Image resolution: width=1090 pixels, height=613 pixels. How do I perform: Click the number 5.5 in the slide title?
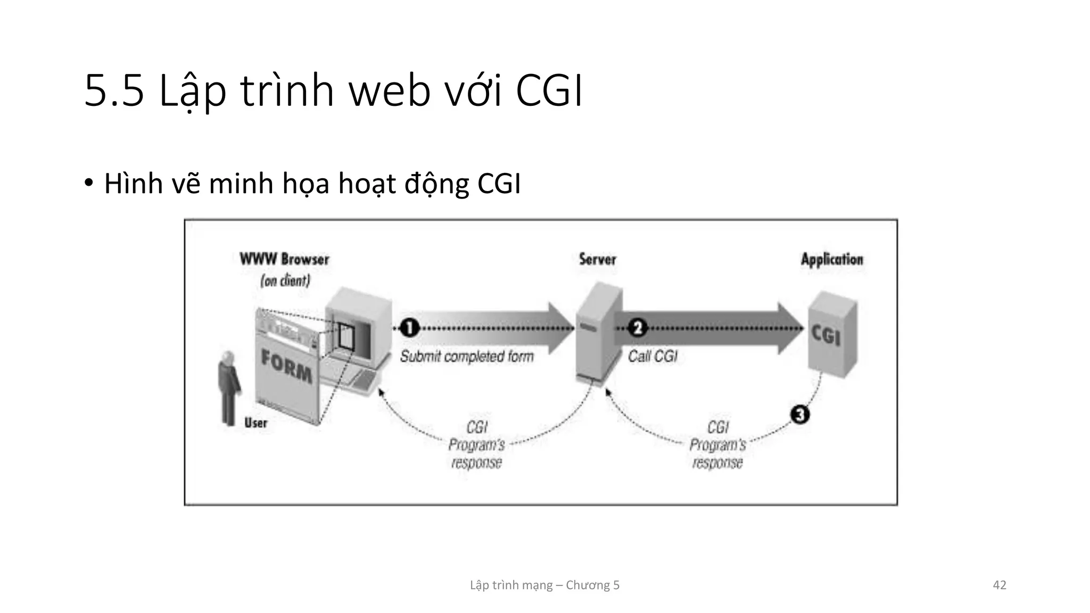point(114,92)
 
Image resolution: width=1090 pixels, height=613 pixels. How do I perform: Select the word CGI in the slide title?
point(549,92)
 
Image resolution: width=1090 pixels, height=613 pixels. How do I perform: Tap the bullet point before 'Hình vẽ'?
point(88,183)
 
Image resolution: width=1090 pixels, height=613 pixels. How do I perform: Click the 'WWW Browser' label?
point(284,260)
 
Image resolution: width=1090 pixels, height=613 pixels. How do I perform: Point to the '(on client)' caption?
point(285,280)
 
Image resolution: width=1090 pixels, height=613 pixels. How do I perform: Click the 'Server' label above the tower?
point(597,260)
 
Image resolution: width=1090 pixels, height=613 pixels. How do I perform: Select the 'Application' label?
point(832,260)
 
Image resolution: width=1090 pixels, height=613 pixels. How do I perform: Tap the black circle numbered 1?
point(409,327)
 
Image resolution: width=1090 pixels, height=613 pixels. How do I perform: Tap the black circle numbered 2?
point(637,327)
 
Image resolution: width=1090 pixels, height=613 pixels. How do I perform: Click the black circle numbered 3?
point(799,414)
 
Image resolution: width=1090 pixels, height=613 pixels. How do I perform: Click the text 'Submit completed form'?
point(467,356)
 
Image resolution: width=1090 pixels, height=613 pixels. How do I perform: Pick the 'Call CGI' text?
point(653,356)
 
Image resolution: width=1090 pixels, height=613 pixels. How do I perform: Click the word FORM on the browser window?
point(286,367)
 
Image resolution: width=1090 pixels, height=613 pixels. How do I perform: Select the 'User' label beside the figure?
point(255,423)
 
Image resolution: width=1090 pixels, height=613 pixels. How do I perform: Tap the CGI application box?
point(831,335)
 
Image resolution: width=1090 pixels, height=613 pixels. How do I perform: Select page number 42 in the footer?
point(1000,585)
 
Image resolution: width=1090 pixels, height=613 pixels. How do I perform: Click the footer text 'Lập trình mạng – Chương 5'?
point(544,585)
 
